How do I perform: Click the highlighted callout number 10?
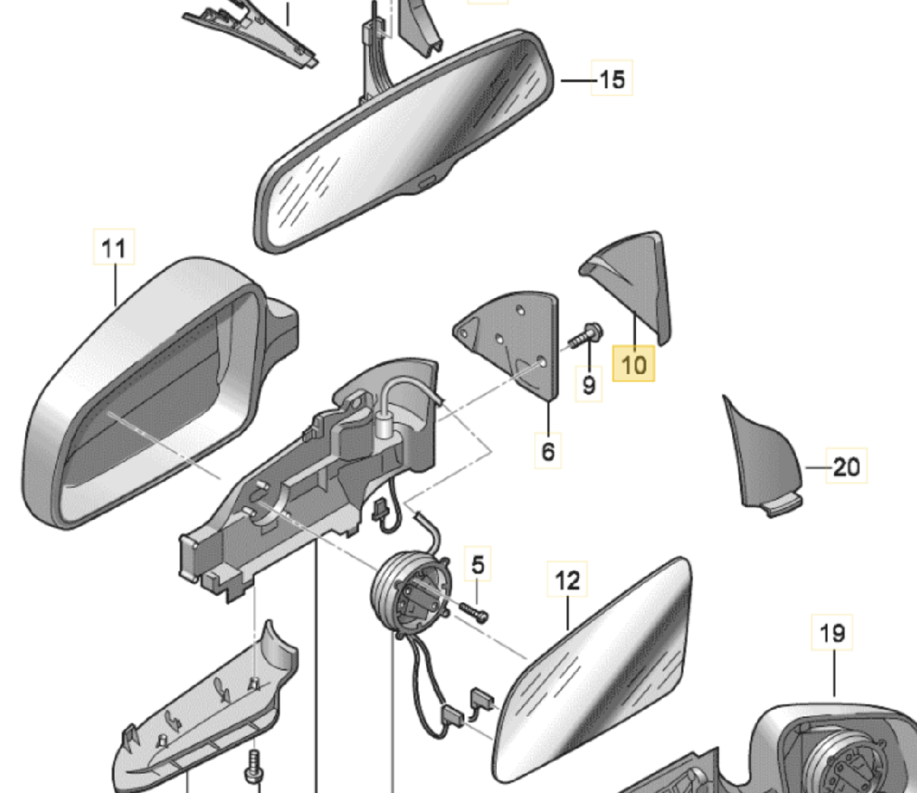[634, 364]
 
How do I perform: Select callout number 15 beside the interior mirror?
[611, 80]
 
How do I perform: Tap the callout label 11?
[114, 248]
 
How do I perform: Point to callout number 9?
[589, 385]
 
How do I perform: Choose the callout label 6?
[548, 451]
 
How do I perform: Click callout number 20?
[846, 467]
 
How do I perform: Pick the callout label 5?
[478, 565]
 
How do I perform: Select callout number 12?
[567, 580]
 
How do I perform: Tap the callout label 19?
[832, 633]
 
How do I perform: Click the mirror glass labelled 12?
[595, 673]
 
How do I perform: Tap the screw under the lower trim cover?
[253, 766]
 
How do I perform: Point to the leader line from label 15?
[577, 81]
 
